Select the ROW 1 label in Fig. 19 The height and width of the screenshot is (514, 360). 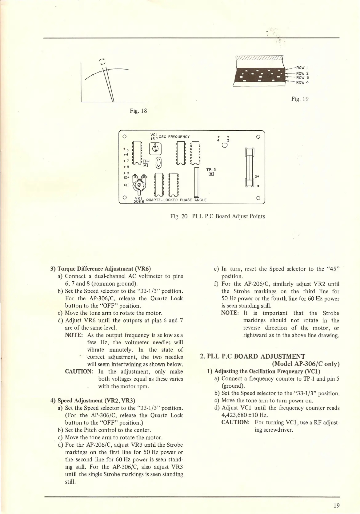[300, 68]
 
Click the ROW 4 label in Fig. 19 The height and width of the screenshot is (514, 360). [302, 82]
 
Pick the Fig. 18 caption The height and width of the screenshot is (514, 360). [138, 111]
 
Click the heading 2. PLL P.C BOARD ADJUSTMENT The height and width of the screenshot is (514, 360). [252, 356]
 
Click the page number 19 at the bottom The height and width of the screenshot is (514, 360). [336, 505]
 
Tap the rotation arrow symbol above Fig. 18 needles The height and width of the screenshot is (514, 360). [103, 61]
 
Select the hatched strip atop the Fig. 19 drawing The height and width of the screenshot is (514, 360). [259, 58]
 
